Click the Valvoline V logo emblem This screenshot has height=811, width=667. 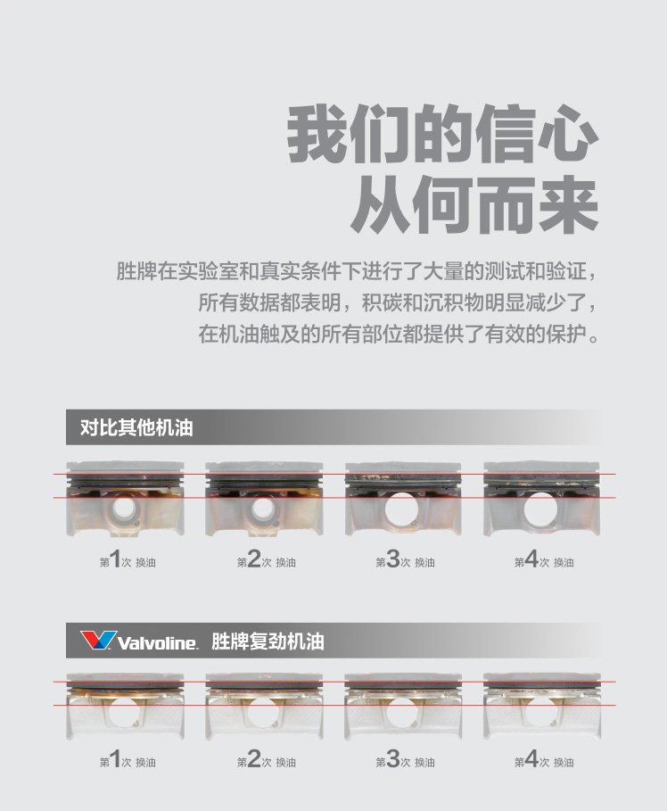point(98,640)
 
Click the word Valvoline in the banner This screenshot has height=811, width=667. point(158,642)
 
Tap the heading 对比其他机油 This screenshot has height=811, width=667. point(136,427)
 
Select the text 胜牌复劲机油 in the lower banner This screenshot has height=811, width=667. point(268,641)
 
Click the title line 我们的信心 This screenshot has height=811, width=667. point(442,134)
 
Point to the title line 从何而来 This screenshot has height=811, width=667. point(474,204)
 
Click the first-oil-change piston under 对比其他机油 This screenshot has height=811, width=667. point(125,499)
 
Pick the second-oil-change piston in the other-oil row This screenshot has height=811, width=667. point(264,499)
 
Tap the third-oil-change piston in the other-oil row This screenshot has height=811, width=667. point(403,499)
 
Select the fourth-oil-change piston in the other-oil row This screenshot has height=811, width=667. point(542,499)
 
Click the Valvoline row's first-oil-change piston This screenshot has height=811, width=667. point(125,707)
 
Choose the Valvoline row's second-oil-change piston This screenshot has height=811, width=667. point(264,707)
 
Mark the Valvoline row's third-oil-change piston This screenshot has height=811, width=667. point(403,707)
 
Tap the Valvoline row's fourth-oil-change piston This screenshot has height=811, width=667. point(542,707)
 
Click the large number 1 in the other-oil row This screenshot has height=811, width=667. point(115,559)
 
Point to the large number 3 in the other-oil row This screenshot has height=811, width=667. point(393,559)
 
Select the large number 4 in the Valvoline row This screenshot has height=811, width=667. point(532,758)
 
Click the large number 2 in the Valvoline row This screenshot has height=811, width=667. point(254,758)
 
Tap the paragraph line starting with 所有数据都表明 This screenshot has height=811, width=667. point(398,302)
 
